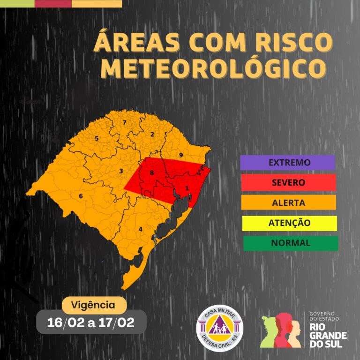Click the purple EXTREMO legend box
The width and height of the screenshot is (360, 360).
tap(287, 163)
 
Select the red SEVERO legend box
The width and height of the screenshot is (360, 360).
tap(288, 182)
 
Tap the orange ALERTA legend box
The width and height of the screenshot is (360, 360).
tap(288, 203)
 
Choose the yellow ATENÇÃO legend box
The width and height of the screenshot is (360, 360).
tap(289, 223)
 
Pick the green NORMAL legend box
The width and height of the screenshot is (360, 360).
tap(290, 243)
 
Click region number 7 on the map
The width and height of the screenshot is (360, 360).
tap(124, 123)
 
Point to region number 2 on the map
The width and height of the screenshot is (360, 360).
tap(152, 135)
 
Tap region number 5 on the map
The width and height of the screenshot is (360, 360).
tap(97, 138)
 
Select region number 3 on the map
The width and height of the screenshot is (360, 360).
tap(121, 171)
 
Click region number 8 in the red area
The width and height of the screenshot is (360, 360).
tap(151, 173)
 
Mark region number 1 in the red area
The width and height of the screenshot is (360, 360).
tap(187, 188)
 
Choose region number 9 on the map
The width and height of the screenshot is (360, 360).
tap(180, 155)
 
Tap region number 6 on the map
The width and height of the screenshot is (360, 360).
tap(81, 196)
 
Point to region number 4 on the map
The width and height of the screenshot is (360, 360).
tap(140, 229)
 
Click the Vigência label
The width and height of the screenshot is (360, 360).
tap(94, 305)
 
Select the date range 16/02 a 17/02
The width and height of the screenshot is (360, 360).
tap(91, 322)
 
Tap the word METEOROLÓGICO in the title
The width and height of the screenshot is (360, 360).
tap(213, 68)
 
